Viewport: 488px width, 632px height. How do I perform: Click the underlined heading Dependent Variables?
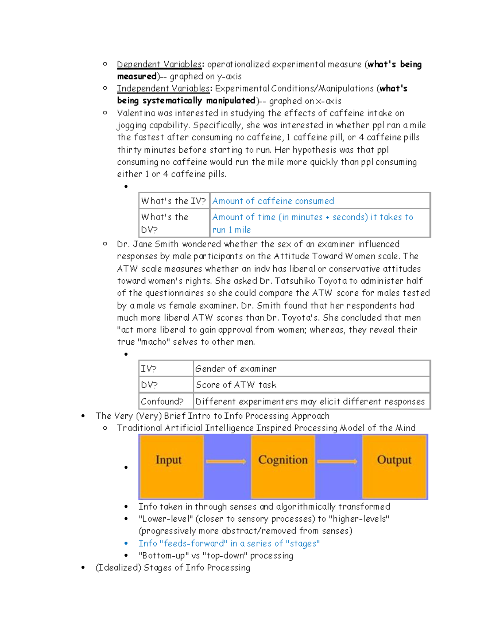[159, 64]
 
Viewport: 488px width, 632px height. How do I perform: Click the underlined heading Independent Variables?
[163, 89]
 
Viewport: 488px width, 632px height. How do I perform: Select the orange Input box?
[171, 466]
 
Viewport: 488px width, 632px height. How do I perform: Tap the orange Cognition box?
[283, 466]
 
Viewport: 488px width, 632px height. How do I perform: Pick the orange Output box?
[394, 466]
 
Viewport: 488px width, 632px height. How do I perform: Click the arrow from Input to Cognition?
[226, 461]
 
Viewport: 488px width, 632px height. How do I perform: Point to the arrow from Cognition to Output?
[337, 461]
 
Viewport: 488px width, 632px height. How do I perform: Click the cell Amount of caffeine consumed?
[273, 201]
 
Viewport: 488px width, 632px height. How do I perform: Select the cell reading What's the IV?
[174, 201]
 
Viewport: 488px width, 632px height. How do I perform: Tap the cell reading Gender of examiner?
[236, 369]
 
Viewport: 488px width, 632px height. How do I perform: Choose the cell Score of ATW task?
[236, 385]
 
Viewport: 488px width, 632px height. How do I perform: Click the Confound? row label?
[162, 402]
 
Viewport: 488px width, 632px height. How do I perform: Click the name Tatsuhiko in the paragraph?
[295, 281]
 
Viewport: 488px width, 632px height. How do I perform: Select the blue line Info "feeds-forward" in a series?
[229, 543]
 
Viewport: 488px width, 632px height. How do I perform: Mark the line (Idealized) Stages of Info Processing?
[173, 568]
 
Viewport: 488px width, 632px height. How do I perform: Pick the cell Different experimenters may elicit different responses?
[310, 402]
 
